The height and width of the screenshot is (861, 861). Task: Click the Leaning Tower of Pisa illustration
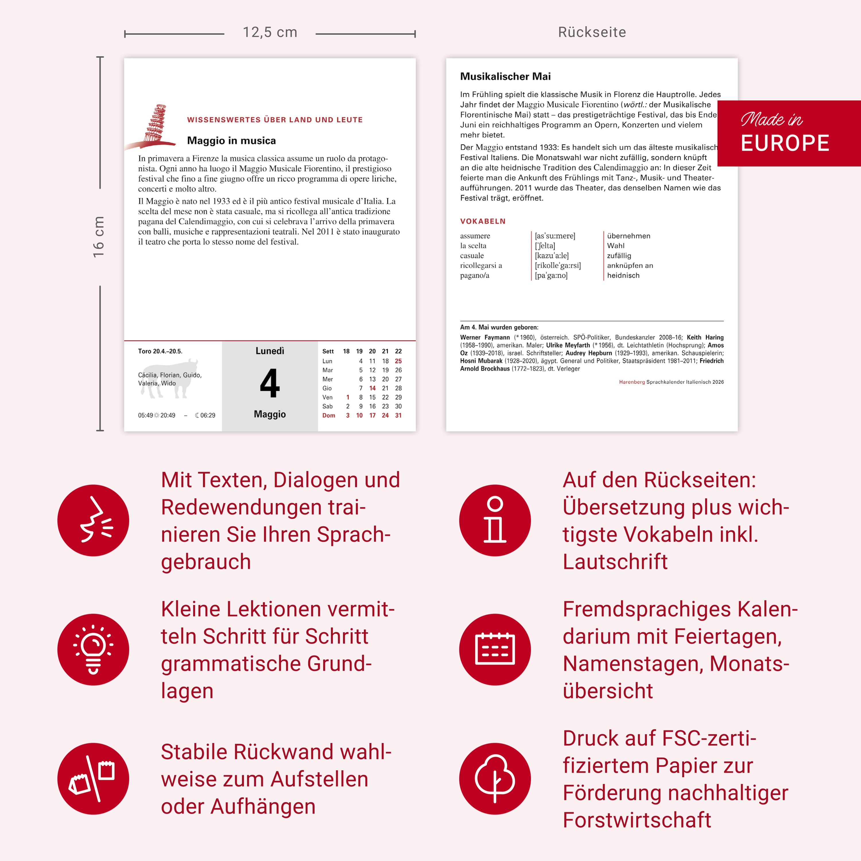pyautogui.click(x=154, y=125)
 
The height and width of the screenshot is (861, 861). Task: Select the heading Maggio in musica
pyautogui.click(x=231, y=141)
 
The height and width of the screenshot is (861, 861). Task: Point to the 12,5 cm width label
pyautogui.click(x=269, y=32)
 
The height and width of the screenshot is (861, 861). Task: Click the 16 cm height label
pyautogui.click(x=98, y=237)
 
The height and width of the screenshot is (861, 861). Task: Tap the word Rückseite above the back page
pyautogui.click(x=592, y=32)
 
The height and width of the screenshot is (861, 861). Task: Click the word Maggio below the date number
pyautogui.click(x=269, y=414)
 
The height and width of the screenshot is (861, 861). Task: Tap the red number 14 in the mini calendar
pyautogui.click(x=372, y=388)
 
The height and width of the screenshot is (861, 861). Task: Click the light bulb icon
pyautogui.click(x=93, y=649)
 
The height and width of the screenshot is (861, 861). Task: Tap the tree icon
pyautogui.click(x=495, y=779)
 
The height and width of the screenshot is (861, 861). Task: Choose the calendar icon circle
pyautogui.click(x=495, y=649)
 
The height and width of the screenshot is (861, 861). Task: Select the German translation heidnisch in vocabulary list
pyautogui.click(x=623, y=276)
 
